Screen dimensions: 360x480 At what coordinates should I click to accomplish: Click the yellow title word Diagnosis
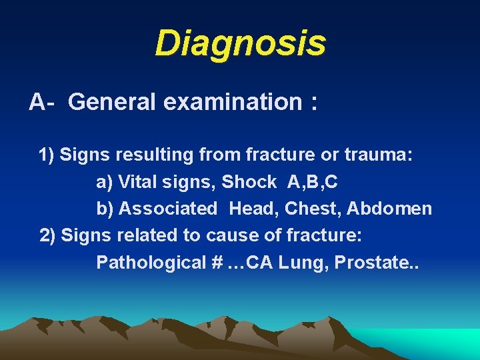click(240, 43)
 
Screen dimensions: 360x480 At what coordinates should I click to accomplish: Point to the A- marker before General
click(41, 102)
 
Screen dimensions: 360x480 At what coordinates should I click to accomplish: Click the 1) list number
click(47, 155)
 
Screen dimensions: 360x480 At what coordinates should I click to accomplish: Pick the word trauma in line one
click(379, 155)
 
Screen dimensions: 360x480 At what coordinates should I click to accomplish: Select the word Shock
click(249, 182)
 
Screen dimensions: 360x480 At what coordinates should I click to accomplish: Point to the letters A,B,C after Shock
click(313, 182)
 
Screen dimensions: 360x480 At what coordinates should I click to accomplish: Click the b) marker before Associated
click(105, 209)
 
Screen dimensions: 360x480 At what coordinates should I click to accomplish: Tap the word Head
click(253, 209)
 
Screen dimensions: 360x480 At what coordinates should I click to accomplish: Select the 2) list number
click(48, 235)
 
